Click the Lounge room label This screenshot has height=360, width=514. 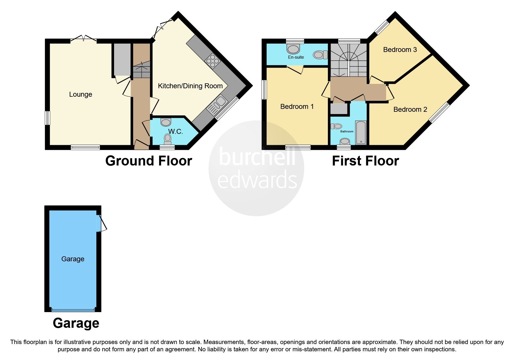(80, 94)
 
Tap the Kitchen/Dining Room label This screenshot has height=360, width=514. (190, 86)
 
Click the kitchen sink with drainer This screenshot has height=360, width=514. (217, 105)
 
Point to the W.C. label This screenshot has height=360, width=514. (175, 132)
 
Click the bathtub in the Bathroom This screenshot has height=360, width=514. (361, 133)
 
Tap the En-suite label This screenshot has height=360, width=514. (296, 57)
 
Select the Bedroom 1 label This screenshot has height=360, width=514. (297, 107)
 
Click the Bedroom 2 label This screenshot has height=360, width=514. (410, 109)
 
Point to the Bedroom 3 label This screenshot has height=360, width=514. (400, 50)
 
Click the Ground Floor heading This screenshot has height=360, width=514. (148, 161)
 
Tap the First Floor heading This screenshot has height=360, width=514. (365, 161)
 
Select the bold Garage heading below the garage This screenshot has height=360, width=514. (76, 323)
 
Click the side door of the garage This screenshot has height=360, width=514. (101, 223)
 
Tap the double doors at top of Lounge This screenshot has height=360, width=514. (83, 39)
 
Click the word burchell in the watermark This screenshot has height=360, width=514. (257, 157)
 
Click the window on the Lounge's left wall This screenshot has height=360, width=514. (47, 118)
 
